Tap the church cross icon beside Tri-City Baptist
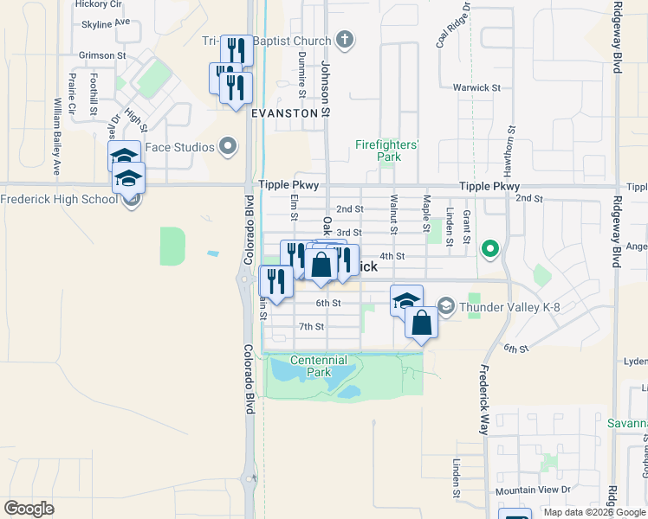pyautogui.click(x=345, y=40)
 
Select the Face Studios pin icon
pyautogui.click(x=229, y=147)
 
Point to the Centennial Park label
pyautogui.click(x=318, y=365)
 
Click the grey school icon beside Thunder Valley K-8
pyautogui.click(x=445, y=304)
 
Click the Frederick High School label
pyautogui.click(x=58, y=199)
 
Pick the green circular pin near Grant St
pyautogui.click(x=490, y=250)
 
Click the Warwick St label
pyautogui.click(x=476, y=87)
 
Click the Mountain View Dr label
pyautogui.click(x=533, y=490)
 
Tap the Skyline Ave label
pyautogui.click(x=105, y=23)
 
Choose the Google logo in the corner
pyautogui.click(x=29, y=509)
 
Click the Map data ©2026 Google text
pyautogui.click(x=593, y=512)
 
